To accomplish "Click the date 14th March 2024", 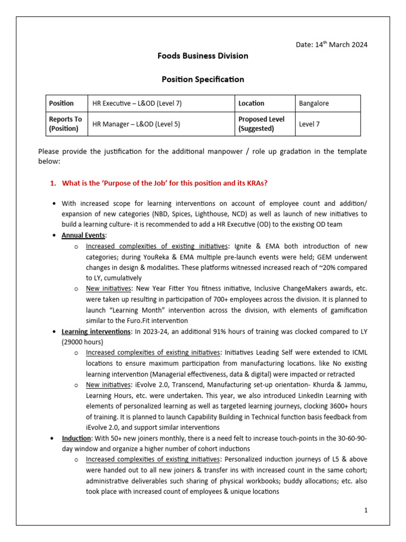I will pos(331,44).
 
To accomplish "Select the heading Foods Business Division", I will pos(202,56).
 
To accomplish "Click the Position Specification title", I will pos(202,79).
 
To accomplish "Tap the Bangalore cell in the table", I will pos(313,104).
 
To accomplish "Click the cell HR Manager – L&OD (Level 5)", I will pos(136,124).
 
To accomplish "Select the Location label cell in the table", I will pos(251,104).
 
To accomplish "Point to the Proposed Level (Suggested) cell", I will pos(261,124).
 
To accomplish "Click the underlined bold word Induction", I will pos(77,439).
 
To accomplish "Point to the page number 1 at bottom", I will pos(365,510).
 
